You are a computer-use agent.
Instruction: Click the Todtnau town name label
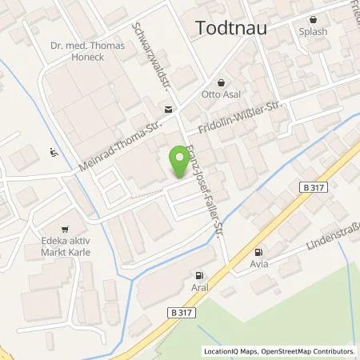(x=231, y=29)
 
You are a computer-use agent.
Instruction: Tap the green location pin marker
(x=178, y=161)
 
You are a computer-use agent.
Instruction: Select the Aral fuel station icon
(x=197, y=274)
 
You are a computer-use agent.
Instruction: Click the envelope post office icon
(x=167, y=109)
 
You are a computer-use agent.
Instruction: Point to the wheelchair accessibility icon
(x=54, y=151)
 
